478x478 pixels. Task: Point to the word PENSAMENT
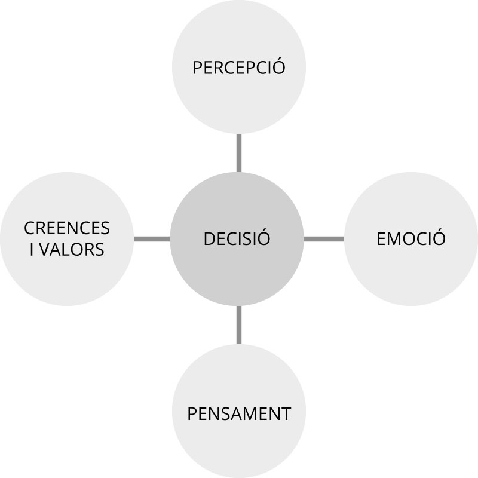pos(239,414)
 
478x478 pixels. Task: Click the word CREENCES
pos(67,228)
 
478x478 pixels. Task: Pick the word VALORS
pos(72,249)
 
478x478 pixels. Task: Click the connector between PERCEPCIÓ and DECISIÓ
pos(239,153)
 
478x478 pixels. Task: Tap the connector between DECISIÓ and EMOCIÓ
pos(324,239)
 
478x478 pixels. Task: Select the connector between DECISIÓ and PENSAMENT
pos(239,325)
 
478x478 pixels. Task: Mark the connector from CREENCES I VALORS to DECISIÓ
pos(152,239)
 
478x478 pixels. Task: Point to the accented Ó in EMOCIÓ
pos(439,237)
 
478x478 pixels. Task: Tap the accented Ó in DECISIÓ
pos(263,237)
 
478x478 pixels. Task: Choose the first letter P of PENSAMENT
pos(192,414)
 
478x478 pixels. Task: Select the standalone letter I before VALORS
pos(32,249)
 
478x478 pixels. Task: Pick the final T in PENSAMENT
pos(286,414)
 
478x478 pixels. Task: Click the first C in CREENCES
pos(30,228)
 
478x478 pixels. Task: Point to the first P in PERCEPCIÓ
pos(198,68)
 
